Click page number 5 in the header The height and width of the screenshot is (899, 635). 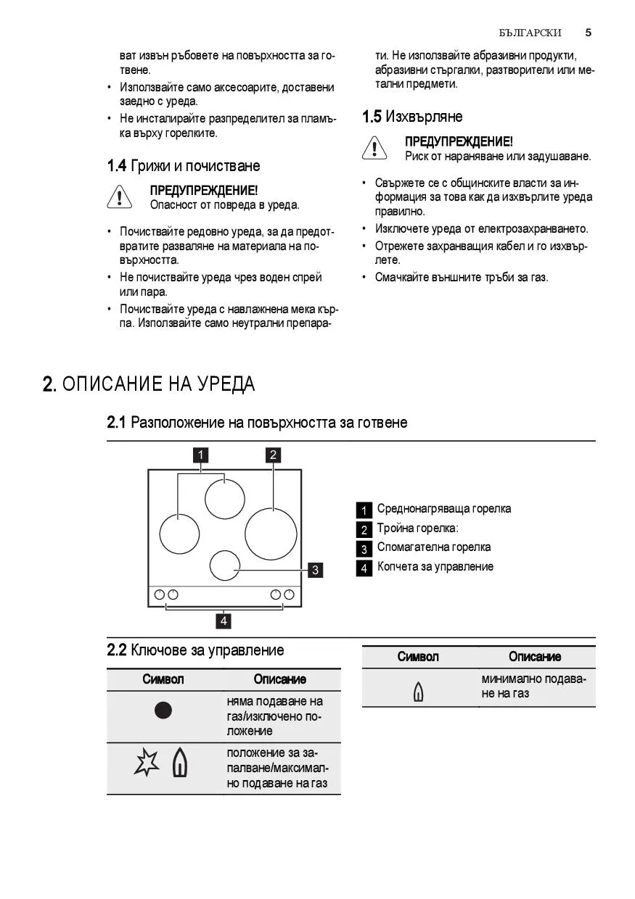click(x=588, y=33)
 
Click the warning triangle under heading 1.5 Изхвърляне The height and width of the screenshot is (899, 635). click(x=374, y=149)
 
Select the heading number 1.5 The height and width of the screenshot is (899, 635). click(x=372, y=117)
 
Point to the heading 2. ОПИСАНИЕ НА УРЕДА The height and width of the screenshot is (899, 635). click(x=149, y=384)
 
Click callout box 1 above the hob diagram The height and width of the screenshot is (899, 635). click(x=200, y=455)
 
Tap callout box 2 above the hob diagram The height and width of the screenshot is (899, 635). click(x=273, y=455)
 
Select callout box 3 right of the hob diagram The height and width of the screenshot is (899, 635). click(x=315, y=570)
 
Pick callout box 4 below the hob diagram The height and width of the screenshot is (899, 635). click(x=225, y=621)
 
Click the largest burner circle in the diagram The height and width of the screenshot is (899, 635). click(x=271, y=533)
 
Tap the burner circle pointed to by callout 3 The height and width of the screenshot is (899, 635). click(x=225, y=565)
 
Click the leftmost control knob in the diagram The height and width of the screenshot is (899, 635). click(x=160, y=595)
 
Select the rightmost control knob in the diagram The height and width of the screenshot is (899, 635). click(x=290, y=595)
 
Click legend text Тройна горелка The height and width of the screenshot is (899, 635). click(x=417, y=529)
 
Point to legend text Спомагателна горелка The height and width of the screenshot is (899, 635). click(x=433, y=547)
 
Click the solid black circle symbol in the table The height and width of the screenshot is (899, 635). click(x=163, y=710)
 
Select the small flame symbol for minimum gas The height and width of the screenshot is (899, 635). click(x=418, y=692)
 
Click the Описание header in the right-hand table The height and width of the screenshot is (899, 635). click(x=535, y=657)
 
